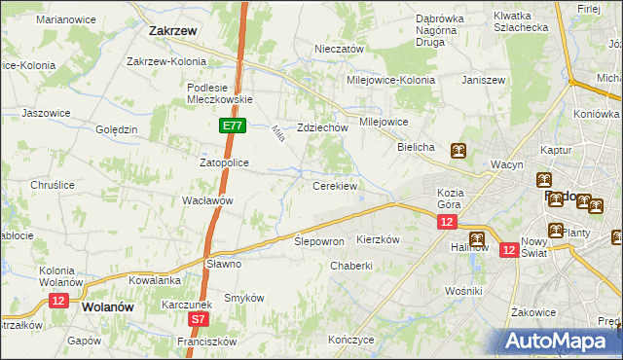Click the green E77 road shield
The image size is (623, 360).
coord(232,126)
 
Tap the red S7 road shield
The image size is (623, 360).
coord(199,318)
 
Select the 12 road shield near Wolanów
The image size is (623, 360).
coord(57,302)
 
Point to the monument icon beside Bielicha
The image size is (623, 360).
coord(458,151)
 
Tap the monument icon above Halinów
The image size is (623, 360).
coord(476,238)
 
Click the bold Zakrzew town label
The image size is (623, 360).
coord(173,31)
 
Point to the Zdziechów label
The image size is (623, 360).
coord(323,127)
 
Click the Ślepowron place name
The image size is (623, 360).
coord(319,241)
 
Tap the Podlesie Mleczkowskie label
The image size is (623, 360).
coord(219,92)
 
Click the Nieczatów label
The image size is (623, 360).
coord(339,49)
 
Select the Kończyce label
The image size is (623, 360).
coord(351,341)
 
